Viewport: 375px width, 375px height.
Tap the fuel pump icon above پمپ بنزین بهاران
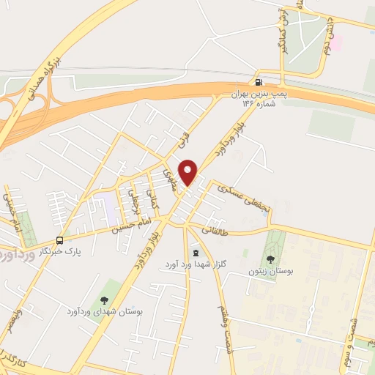258,81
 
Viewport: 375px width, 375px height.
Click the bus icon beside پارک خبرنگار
59,240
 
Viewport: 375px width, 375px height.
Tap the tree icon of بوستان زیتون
271,259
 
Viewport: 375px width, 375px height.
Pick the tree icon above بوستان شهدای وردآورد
103,299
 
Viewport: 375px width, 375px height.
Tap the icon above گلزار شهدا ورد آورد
194,251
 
